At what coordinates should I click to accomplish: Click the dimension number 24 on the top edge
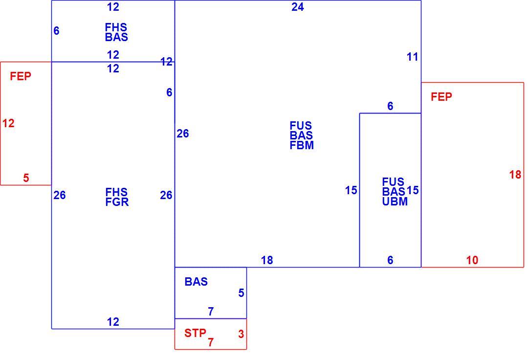click(298, 7)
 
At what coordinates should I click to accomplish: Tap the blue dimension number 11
click(413, 57)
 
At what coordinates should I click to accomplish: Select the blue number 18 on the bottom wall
click(267, 260)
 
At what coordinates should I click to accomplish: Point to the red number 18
click(515, 175)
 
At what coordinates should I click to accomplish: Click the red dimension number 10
click(472, 260)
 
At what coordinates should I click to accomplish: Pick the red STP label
click(195, 333)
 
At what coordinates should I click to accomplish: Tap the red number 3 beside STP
click(241, 334)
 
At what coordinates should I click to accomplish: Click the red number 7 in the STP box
click(211, 342)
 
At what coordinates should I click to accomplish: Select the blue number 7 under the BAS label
click(211, 312)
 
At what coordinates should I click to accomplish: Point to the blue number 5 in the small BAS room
click(241, 293)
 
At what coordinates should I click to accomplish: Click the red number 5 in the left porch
click(26, 178)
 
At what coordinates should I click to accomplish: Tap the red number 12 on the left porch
click(8, 123)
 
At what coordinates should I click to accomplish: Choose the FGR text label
click(117, 202)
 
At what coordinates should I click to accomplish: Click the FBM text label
click(302, 145)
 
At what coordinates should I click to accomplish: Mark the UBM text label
click(395, 202)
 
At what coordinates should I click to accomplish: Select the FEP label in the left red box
click(21, 76)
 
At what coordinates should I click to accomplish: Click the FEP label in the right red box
click(441, 97)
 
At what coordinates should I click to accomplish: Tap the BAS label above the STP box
click(196, 282)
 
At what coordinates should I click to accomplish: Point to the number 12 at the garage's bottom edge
click(113, 322)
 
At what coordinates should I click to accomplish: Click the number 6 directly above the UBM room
click(390, 106)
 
